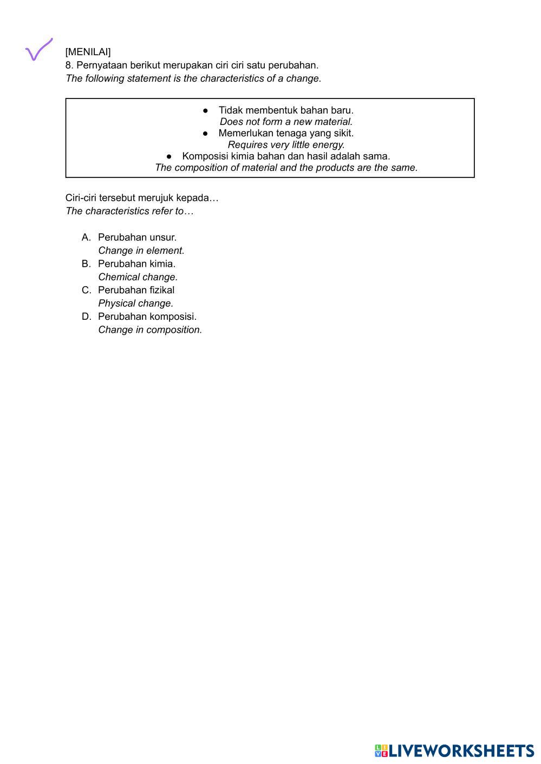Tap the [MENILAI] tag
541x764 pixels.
click(x=88, y=52)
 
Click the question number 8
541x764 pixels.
click(x=69, y=65)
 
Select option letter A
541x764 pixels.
click(x=86, y=238)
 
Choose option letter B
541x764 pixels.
click(x=86, y=264)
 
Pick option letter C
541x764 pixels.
click(x=86, y=290)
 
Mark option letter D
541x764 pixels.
click(x=86, y=317)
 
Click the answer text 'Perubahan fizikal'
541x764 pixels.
click(x=136, y=290)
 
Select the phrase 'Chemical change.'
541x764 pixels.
click(x=138, y=277)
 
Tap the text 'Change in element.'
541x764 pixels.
click(x=141, y=251)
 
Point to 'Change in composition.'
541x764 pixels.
click(x=150, y=330)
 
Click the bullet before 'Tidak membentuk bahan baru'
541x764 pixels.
click(x=206, y=111)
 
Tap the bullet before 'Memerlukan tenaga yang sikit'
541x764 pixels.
click(x=206, y=134)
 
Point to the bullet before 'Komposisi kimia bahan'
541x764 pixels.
click(x=170, y=157)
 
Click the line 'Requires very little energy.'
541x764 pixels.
click(x=286, y=145)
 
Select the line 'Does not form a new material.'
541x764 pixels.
click(x=286, y=122)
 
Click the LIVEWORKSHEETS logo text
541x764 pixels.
click(x=461, y=750)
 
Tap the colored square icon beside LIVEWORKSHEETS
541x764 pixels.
click(x=381, y=750)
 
